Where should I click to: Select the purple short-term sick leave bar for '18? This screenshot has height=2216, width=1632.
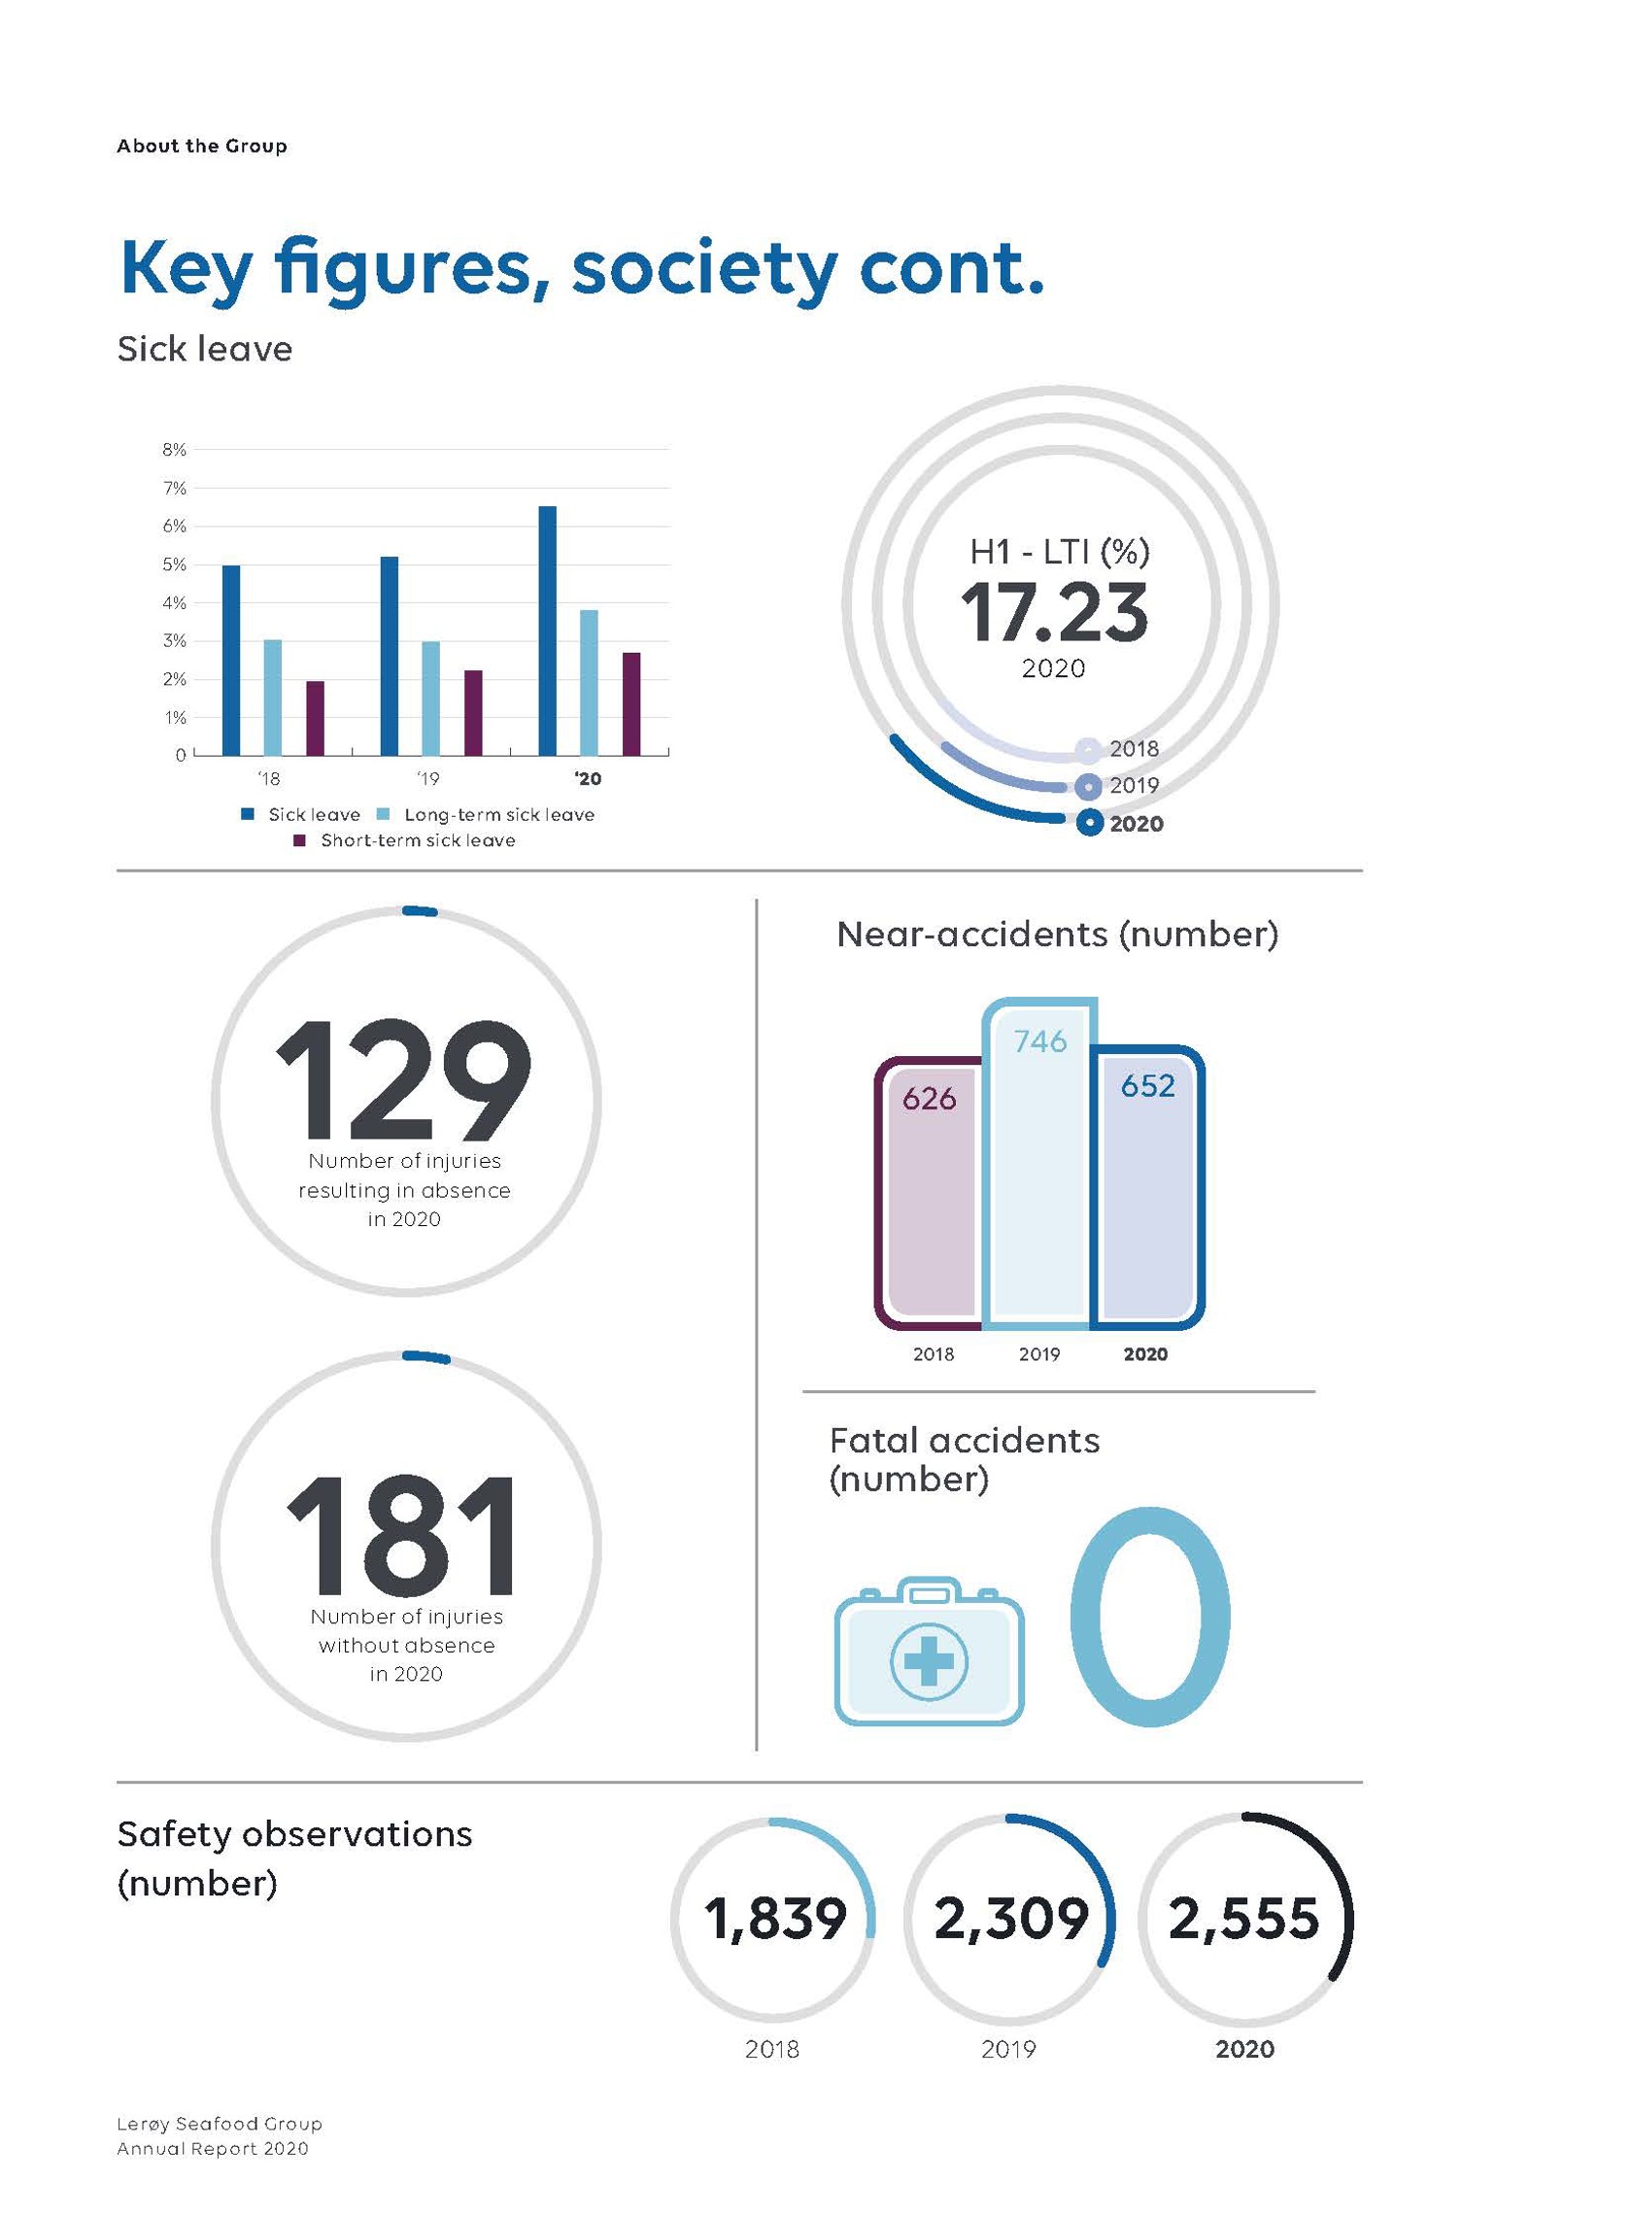click(x=315, y=718)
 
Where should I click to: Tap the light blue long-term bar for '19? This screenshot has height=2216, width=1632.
click(x=430, y=699)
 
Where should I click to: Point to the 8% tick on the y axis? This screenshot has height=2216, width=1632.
click(x=174, y=450)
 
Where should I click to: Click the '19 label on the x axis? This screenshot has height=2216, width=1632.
click(x=427, y=779)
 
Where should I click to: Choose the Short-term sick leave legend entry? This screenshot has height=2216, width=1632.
click(x=417, y=840)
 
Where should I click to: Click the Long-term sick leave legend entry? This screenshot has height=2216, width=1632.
click(x=498, y=815)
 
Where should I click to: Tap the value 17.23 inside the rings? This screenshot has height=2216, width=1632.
click(x=1054, y=613)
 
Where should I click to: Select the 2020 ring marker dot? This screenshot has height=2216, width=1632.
click(x=1089, y=823)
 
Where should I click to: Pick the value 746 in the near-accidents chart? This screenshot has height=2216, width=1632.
click(x=1040, y=1041)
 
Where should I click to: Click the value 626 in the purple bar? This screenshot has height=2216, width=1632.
click(x=930, y=1099)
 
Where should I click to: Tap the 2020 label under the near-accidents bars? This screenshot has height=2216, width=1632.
click(x=1146, y=1354)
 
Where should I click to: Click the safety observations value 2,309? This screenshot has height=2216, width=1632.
click(x=1010, y=1919)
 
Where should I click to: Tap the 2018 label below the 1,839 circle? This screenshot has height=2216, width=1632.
click(x=771, y=2049)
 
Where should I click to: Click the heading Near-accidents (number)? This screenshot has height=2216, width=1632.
click(x=1057, y=935)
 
